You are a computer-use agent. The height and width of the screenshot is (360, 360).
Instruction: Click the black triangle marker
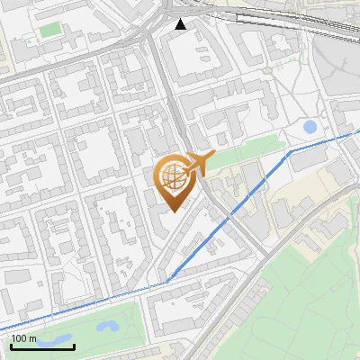click(x=181, y=24)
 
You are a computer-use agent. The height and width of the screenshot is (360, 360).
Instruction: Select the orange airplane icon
click(x=197, y=164)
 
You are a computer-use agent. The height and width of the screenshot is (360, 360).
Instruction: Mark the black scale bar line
click(x=30, y=346)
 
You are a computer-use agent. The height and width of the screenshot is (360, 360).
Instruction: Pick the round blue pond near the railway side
click(x=310, y=127)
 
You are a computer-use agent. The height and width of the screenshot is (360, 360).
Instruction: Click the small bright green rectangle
click(x=49, y=31)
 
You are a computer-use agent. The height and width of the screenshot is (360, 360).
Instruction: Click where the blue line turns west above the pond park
click(x=167, y=283)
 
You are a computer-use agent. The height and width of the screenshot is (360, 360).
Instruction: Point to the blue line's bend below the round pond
click(x=288, y=154)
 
